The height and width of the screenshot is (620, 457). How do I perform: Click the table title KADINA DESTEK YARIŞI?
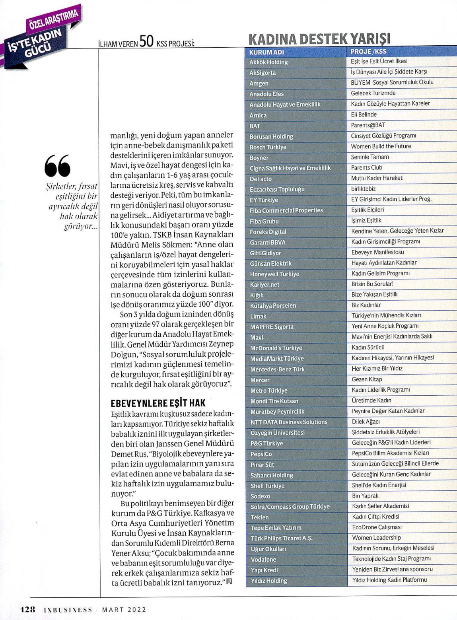click(319, 39)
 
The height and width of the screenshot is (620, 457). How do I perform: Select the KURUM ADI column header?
click(267, 52)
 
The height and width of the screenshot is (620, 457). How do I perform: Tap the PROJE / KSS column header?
click(368, 51)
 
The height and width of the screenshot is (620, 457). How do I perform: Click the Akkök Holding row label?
click(268, 62)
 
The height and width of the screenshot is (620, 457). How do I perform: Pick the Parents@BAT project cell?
click(368, 125)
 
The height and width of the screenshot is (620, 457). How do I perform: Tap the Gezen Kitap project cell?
click(367, 379)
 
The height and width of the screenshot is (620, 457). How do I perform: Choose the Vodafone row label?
click(263, 560)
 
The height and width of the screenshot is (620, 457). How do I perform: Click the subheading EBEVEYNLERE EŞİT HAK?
click(158, 403)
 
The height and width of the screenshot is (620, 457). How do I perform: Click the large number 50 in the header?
click(146, 41)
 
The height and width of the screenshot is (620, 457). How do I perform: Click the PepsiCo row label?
click(261, 454)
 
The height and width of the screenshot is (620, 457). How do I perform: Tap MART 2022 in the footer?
click(124, 610)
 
